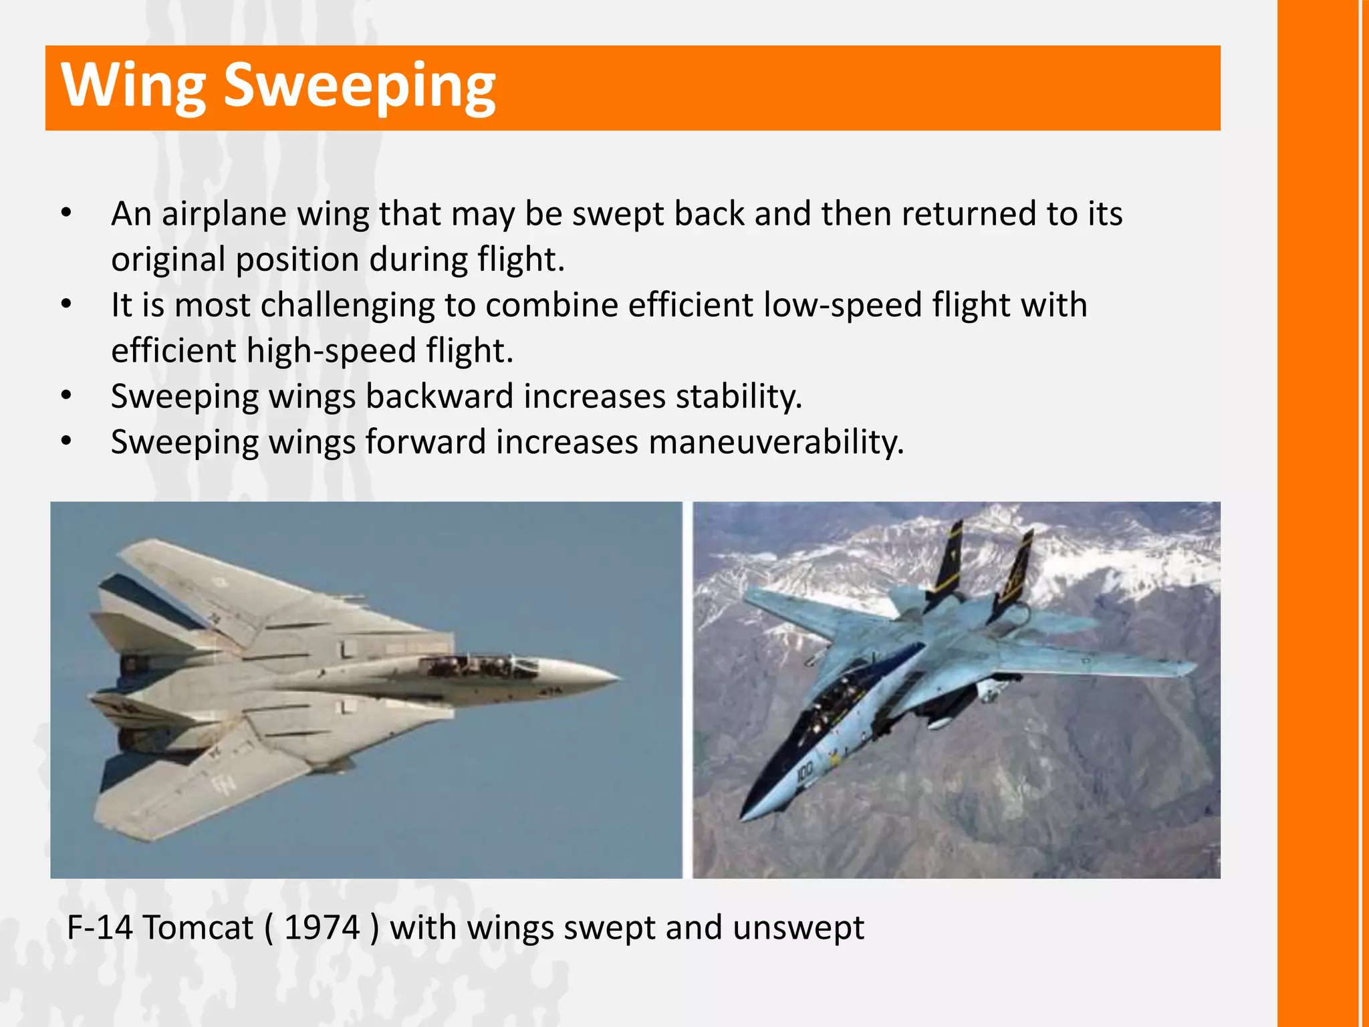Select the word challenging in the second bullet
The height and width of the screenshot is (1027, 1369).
point(348,305)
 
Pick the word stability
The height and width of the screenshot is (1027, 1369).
point(738,396)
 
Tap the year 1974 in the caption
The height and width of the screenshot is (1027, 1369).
point(322,927)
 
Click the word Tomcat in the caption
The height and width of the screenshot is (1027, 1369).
point(198,927)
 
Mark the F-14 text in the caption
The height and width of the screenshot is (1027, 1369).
point(100,927)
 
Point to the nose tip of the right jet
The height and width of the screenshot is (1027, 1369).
point(743,816)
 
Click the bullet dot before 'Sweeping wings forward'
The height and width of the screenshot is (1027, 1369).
point(66,442)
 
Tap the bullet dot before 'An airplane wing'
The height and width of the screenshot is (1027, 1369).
point(66,214)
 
